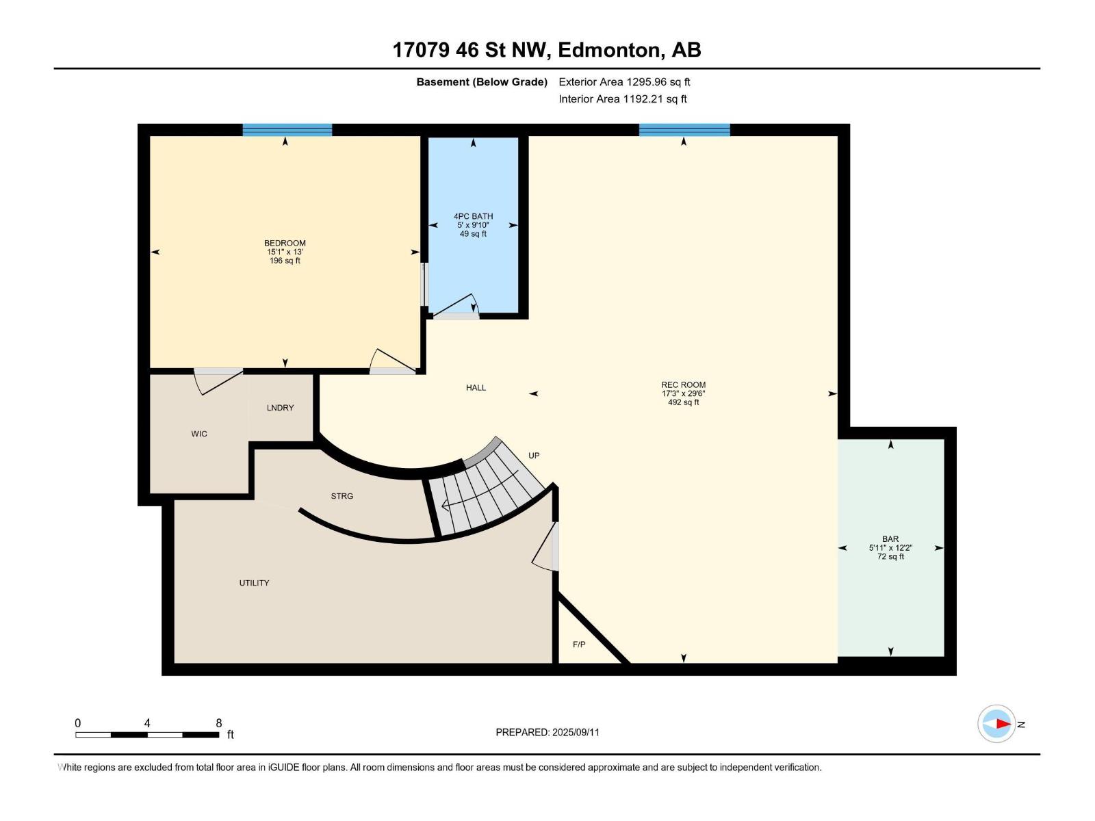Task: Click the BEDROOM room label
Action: pos(285,244)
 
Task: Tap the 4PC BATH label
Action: pos(473,216)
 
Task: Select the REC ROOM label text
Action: pos(684,385)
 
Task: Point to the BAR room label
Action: pos(890,539)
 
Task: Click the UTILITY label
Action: pos(254,583)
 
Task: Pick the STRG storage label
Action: pos(342,496)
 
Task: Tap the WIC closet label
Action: pos(199,434)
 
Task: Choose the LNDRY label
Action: pos(280,408)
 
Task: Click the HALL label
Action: pos(476,388)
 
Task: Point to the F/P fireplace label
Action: pos(579,644)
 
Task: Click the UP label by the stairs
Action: pos(534,456)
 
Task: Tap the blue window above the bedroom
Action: pos(287,130)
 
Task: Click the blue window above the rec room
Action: pos(684,130)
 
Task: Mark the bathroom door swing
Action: pos(456,306)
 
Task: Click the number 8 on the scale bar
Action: pos(218,722)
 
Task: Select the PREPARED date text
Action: pos(547,732)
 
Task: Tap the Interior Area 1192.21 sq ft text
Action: pos(623,99)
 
